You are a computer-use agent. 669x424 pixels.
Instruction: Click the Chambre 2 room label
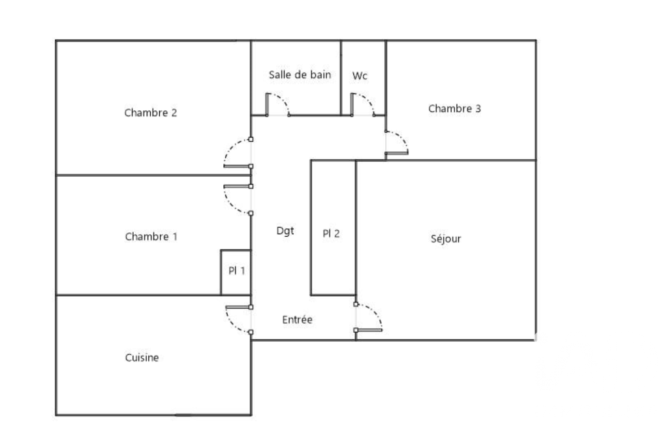[x=151, y=113]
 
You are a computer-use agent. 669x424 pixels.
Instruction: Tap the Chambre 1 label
[x=151, y=237]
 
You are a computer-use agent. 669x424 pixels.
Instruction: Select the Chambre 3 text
[x=454, y=109]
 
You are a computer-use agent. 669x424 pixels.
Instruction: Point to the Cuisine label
[x=142, y=357]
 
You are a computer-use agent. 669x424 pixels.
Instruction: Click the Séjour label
[x=446, y=239]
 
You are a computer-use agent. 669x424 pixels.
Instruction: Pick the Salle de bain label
[x=300, y=74]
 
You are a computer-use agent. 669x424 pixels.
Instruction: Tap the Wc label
[x=360, y=76]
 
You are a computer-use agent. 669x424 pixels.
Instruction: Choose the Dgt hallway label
[x=285, y=231]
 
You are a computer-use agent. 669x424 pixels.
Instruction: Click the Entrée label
[x=298, y=320]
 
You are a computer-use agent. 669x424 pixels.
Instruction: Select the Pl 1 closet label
[x=237, y=271]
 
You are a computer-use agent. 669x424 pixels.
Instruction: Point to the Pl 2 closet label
[x=331, y=234]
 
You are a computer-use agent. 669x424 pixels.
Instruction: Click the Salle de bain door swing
[x=277, y=104]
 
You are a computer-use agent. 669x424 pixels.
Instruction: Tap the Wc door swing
[x=363, y=104]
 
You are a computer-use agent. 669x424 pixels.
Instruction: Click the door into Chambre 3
[x=396, y=142]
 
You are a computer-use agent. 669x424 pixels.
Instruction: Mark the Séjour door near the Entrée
[x=368, y=318]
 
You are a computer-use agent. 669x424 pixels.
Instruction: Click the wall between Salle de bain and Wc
[x=341, y=78]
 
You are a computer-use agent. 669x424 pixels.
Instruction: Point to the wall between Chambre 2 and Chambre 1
[x=153, y=175]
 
